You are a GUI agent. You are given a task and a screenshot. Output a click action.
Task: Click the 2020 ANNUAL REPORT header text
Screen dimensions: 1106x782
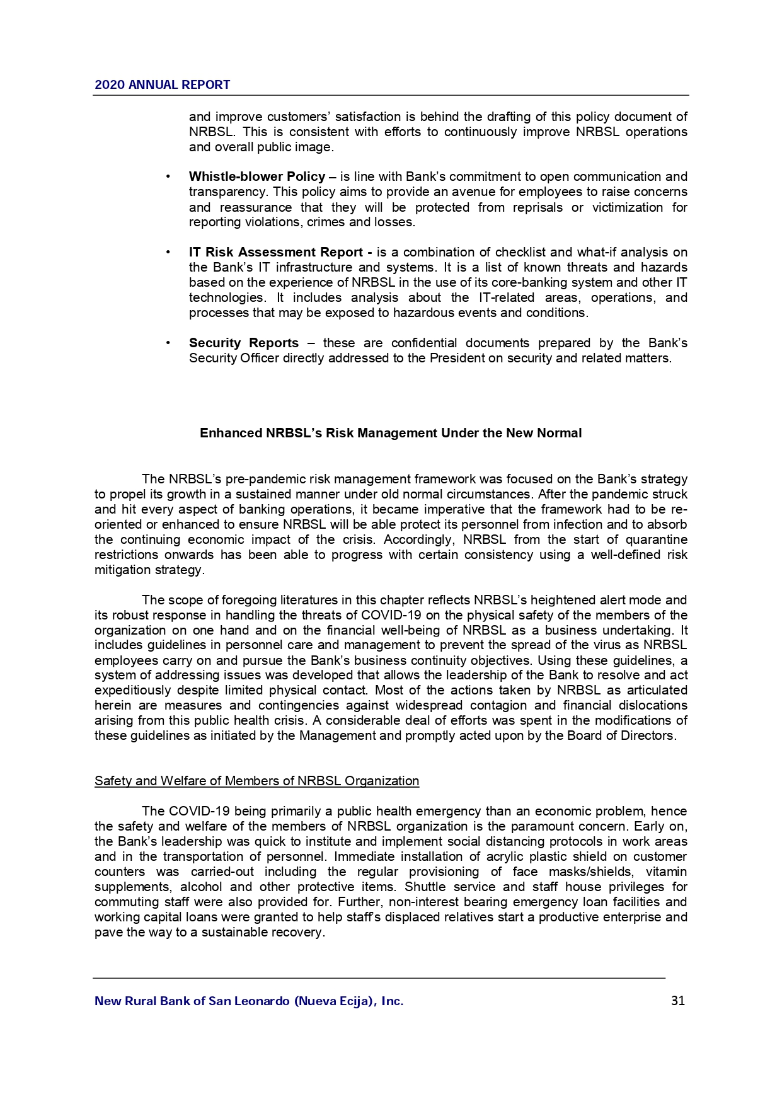tap(163, 85)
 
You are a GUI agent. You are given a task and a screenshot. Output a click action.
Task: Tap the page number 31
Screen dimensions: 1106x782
tap(678, 1001)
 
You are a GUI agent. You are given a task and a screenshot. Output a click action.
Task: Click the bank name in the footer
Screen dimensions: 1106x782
tap(249, 1001)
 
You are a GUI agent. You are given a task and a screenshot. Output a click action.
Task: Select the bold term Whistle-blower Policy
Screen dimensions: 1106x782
tap(257, 177)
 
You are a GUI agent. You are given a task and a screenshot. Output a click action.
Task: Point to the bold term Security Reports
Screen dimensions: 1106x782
tap(244, 343)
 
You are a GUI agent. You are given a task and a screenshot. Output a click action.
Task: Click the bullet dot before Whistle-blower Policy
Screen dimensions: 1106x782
tap(168, 177)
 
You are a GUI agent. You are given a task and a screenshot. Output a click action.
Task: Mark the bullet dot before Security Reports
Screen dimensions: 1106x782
tap(168, 343)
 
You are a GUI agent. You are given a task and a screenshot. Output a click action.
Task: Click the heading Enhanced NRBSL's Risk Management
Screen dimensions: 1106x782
tap(391, 434)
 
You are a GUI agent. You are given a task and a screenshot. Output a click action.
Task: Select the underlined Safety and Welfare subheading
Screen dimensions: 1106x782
tap(256, 781)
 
